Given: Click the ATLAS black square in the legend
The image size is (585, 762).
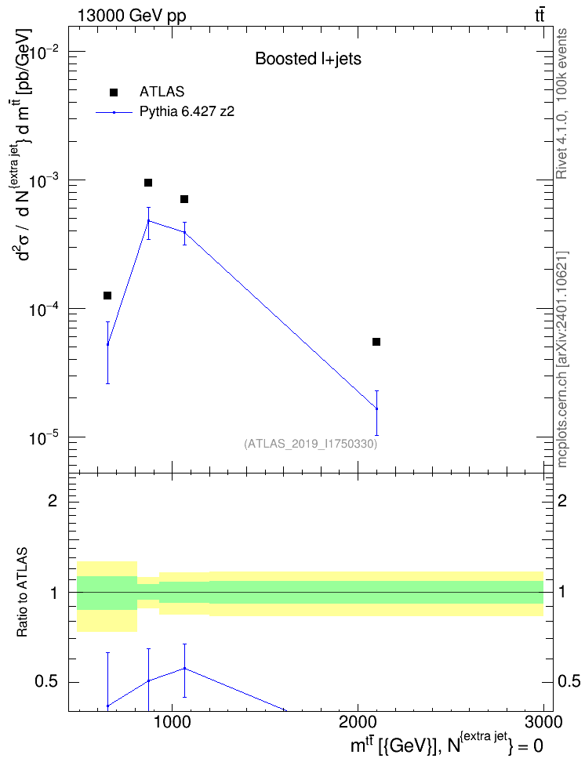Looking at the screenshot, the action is (x=114, y=93).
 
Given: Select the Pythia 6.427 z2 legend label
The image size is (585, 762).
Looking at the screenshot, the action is (x=187, y=112).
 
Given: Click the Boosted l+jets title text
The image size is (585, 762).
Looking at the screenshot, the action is (x=308, y=59).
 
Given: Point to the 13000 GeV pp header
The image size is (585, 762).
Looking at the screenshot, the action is (x=132, y=16).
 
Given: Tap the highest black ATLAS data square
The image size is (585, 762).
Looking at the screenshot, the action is (x=148, y=183).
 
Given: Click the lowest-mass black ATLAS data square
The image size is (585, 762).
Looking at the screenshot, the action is (x=107, y=296).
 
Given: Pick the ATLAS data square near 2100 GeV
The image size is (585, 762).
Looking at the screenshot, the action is (x=376, y=342).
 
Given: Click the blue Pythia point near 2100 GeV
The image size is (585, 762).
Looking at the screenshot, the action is (x=376, y=408).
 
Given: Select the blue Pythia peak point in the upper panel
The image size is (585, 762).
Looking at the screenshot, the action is (x=148, y=221).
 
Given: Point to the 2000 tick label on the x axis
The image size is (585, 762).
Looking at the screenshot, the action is (x=358, y=721).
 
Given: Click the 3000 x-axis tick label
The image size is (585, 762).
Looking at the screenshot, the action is (x=543, y=721).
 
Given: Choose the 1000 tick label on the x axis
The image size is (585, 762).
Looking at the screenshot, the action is (x=173, y=721).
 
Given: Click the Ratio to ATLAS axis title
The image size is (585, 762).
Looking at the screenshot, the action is (x=22, y=593).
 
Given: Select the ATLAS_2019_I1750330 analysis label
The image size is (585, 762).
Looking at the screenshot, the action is (x=311, y=443).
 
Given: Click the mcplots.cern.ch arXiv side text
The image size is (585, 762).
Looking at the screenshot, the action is (x=562, y=359).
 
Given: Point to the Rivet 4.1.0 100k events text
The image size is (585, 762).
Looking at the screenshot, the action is (x=561, y=103).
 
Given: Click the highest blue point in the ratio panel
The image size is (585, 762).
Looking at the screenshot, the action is (x=185, y=668).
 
